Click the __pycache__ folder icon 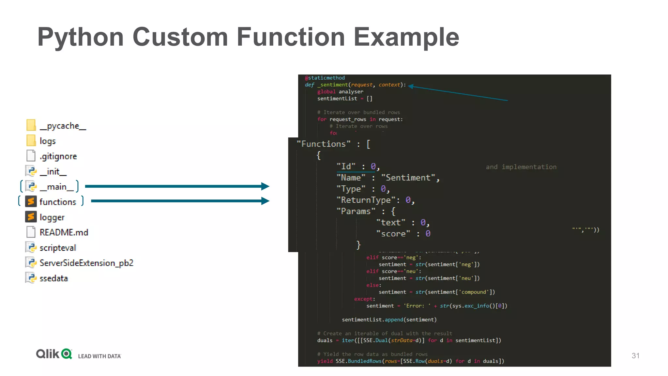point(31,125)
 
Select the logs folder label point(48,141)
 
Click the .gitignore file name point(58,156)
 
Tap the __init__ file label point(53,171)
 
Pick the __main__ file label point(57,187)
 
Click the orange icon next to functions point(31,201)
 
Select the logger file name point(52,217)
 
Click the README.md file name point(64,232)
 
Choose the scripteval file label point(58,248)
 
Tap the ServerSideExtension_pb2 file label point(86,263)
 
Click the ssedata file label point(54,278)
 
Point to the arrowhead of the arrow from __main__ point(266,186)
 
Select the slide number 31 point(635,356)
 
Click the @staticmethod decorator point(325,78)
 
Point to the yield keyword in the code point(325,361)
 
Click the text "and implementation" point(521,167)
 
